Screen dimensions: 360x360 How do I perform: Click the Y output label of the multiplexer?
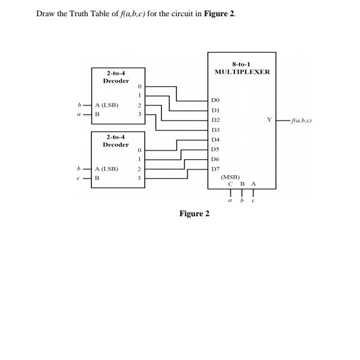pos(269,119)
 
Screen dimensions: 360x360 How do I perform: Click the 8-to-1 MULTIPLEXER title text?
pos(242,68)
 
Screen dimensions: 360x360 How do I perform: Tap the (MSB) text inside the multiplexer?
pos(231,177)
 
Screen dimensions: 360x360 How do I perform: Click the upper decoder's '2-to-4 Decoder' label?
pos(116,77)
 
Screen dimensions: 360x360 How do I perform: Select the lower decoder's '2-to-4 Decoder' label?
pos(116,141)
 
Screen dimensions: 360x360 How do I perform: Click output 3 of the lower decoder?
pos(140,178)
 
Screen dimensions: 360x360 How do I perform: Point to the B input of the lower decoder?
pos(97,178)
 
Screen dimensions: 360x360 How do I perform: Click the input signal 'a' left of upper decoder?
pos(77,114)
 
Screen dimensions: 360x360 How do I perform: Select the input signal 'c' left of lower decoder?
pos(77,178)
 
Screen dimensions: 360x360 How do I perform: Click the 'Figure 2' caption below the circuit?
pos(194,214)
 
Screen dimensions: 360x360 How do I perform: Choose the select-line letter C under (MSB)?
pos(231,184)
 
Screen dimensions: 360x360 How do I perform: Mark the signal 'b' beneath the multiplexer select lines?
pos(242,201)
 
